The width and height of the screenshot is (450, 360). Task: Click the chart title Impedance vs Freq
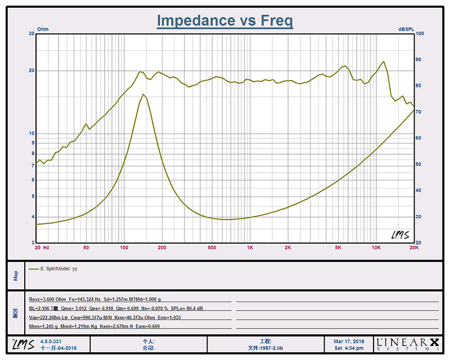pyautogui.click(x=225, y=21)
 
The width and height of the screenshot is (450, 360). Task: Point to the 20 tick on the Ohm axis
pyautogui.click(x=32, y=71)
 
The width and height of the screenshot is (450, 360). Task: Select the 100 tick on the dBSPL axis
pyautogui.click(x=419, y=34)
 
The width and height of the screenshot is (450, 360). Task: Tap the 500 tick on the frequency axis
pyautogui.click(x=211, y=247)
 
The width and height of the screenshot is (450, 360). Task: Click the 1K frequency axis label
pyautogui.click(x=250, y=247)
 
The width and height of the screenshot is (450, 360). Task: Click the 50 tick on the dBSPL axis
pyautogui.click(x=418, y=164)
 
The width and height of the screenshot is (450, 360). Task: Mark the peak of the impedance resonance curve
pyautogui.click(x=144, y=94)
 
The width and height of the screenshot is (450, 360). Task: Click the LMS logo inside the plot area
pyautogui.click(x=400, y=234)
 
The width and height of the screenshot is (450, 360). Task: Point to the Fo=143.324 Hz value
pyautogui.click(x=87, y=300)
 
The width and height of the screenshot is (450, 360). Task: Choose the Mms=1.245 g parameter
pyautogui.click(x=43, y=327)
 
